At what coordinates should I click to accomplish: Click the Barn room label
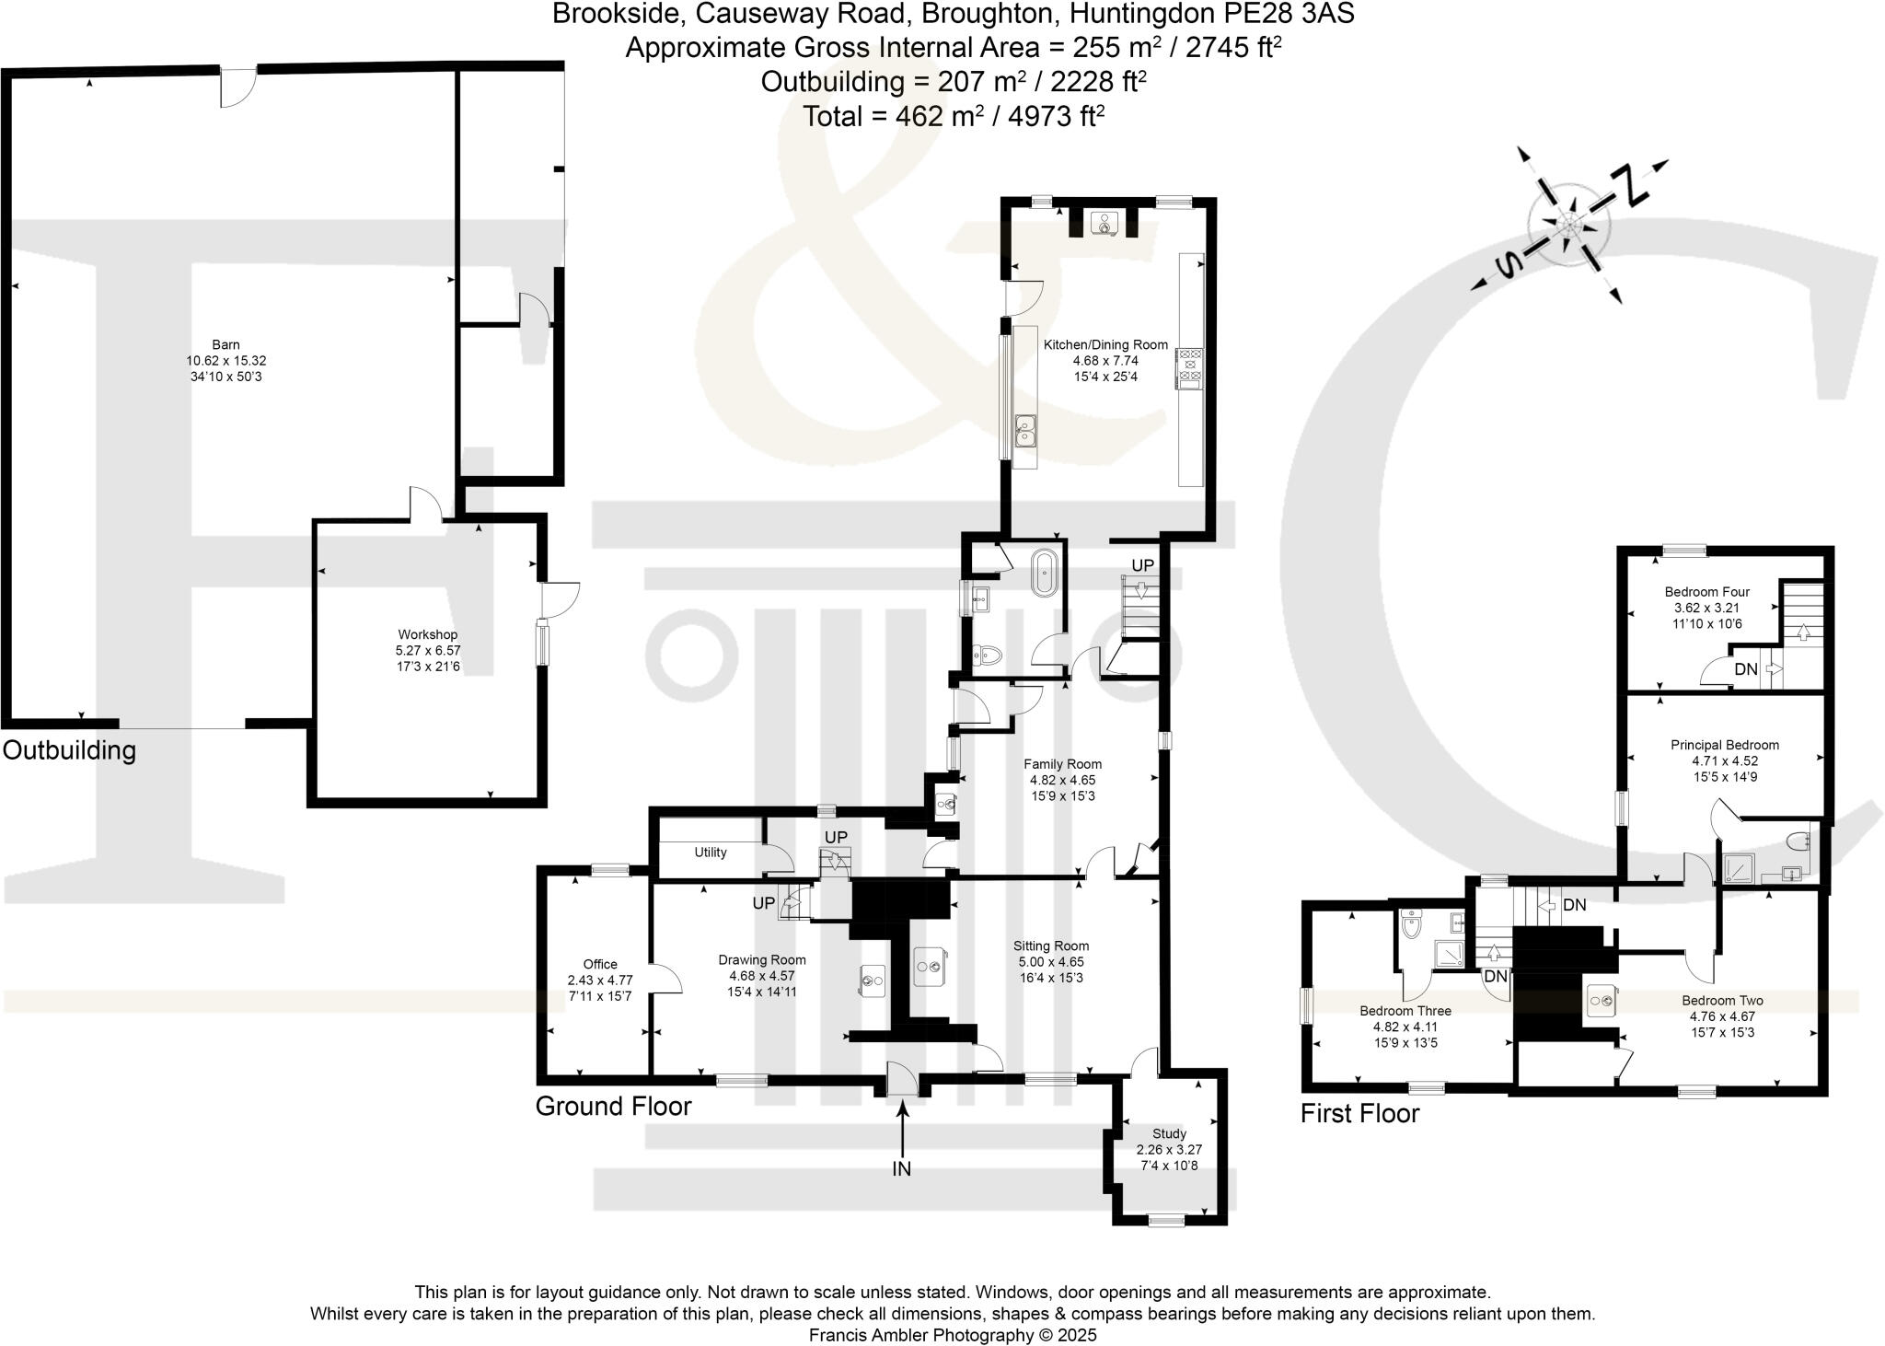pyautogui.click(x=226, y=345)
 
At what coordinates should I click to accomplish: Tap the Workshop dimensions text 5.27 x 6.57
pyautogui.click(x=427, y=650)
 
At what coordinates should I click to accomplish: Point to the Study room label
pyautogui.click(x=1169, y=1133)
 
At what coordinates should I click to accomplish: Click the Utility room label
pyautogui.click(x=711, y=853)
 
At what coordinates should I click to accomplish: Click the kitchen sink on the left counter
pyautogui.click(x=1025, y=430)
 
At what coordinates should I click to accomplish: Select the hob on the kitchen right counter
pyautogui.click(x=1190, y=368)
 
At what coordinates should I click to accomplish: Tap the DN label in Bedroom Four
pyautogui.click(x=1745, y=669)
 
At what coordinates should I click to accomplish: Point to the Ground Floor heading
pyautogui.click(x=613, y=1106)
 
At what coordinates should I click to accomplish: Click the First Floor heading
pyautogui.click(x=1359, y=1113)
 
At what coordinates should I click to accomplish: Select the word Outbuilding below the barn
pyautogui.click(x=69, y=749)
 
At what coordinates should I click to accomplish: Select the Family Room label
pyautogui.click(x=1062, y=764)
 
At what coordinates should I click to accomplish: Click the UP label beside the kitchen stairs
pyautogui.click(x=1142, y=565)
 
